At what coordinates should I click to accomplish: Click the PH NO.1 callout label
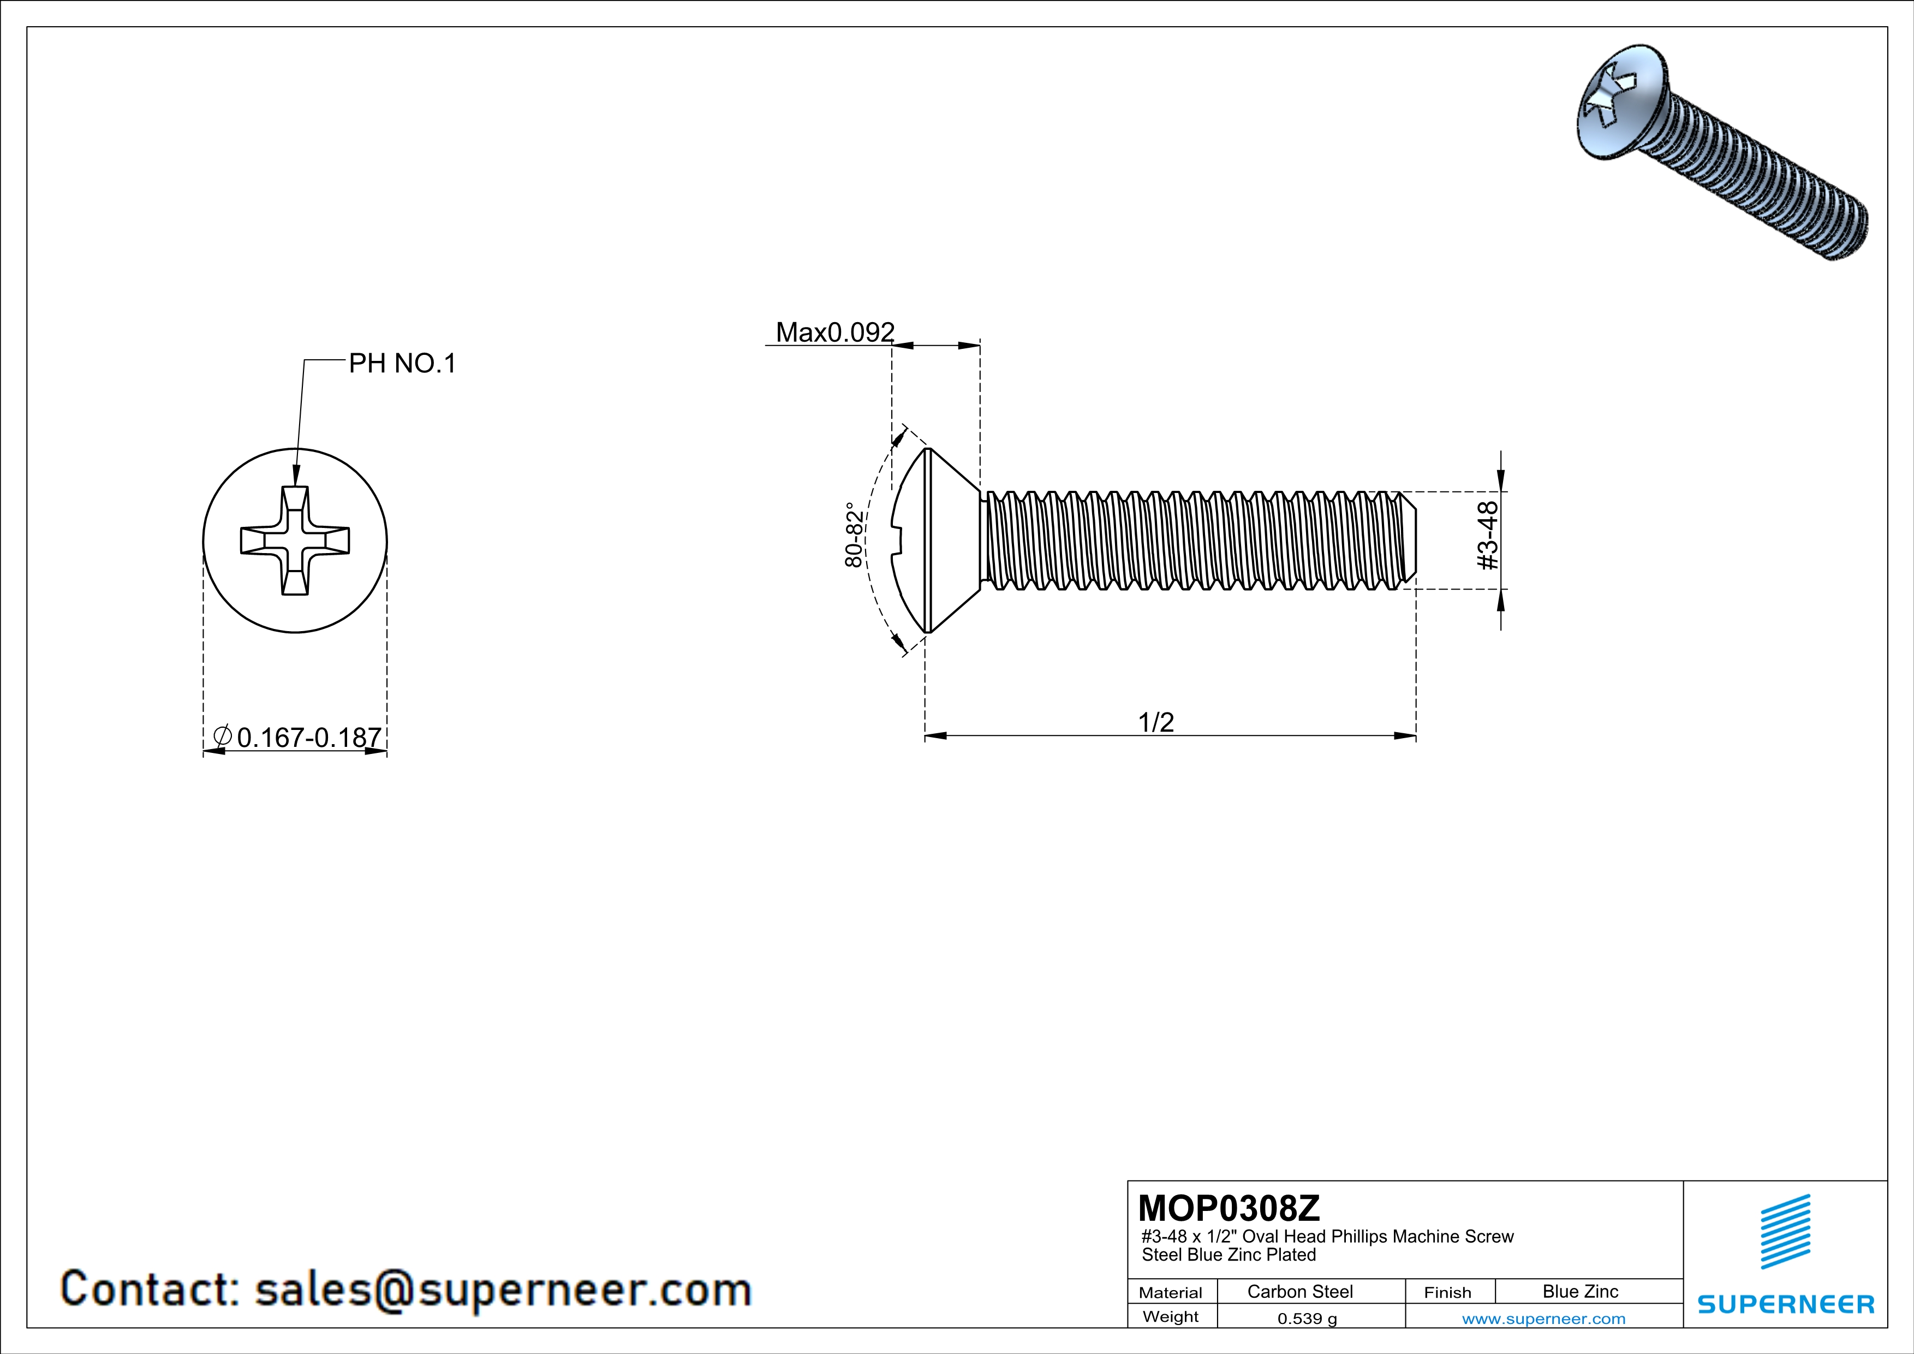click(x=402, y=364)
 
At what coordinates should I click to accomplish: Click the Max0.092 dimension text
click(x=834, y=332)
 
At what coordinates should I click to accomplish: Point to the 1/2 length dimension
click(x=1156, y=722)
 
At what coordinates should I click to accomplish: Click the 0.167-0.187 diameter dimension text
click(x=308, y=738)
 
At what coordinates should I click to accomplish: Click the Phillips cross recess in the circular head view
click(x=295, y=541)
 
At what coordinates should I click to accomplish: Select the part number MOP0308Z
click(x=1229, y=1208)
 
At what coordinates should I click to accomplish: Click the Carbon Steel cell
click(x=1299, y=1291)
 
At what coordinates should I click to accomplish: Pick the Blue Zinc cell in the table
click(x=1579, y=1291)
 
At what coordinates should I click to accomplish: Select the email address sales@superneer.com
click(x=503, y=1289)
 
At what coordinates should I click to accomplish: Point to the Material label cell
click(x=1171, y=1292)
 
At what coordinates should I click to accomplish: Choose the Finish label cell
click(x=1447, y=1292)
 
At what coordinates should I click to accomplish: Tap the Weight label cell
click(x=1171, y=1316)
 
